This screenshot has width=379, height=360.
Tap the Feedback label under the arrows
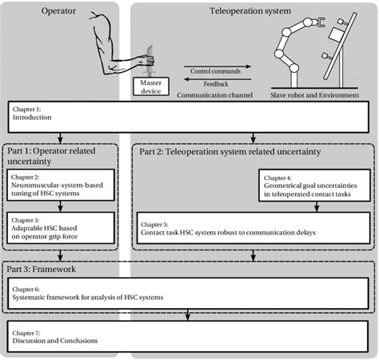(214, 82)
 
